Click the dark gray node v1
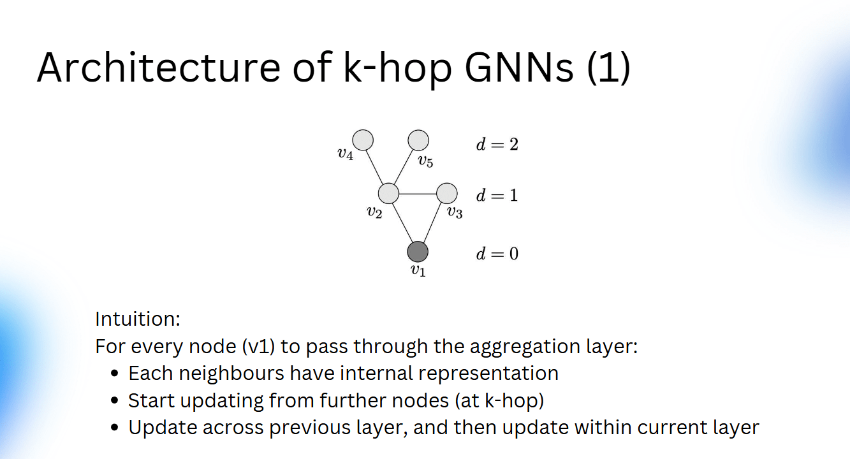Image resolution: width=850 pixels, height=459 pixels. point(418,252)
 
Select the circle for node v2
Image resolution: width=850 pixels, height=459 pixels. point(388,193)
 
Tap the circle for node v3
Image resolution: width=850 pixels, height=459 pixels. point(447,193)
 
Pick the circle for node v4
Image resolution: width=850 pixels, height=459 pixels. point(363,140)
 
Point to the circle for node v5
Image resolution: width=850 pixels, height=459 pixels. point(418,140)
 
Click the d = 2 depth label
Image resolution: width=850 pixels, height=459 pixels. point(497,144)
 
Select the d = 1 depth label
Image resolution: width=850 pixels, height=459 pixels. point(497,195)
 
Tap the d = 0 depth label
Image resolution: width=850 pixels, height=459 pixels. point(497,254)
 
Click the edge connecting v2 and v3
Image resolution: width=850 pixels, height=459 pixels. point(418,193)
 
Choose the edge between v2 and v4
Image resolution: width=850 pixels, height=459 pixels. point(376,166)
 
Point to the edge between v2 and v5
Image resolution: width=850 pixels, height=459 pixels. point(403,166)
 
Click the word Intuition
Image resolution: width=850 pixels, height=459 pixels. point(138,319)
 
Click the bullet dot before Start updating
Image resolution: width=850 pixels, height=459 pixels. point(115,402)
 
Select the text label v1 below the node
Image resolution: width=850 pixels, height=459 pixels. point(418,271)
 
